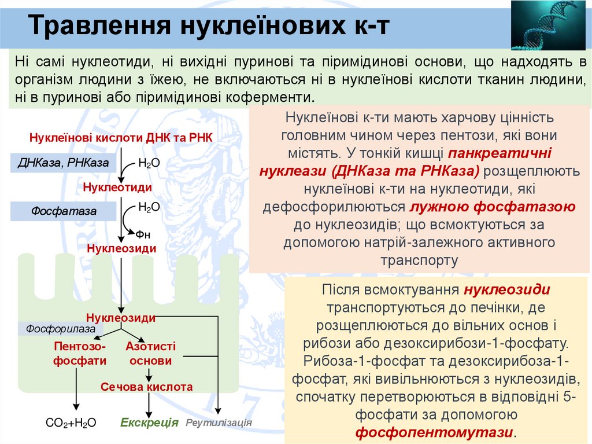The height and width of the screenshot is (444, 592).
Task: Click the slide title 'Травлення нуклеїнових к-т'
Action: coord(209,26)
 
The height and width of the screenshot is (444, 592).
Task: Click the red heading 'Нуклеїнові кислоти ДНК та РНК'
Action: coord(121,138)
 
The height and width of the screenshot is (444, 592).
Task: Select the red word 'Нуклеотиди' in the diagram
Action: coord(117,188)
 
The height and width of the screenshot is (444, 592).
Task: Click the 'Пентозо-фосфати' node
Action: coord(80,354)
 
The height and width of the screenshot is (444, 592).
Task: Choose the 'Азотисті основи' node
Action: coord(150,354)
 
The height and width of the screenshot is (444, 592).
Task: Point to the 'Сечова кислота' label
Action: coord(147,387)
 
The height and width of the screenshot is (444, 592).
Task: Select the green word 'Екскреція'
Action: coord(149,423)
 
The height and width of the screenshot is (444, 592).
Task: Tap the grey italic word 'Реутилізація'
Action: coord(219,423)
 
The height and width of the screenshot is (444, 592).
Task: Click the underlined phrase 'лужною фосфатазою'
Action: coord(493,207)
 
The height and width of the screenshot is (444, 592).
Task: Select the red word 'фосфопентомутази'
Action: coord(434,432)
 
